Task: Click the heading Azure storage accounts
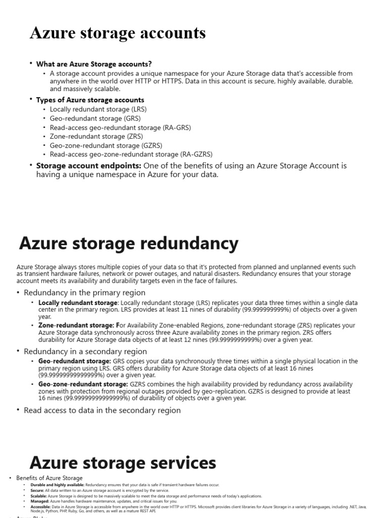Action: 118,33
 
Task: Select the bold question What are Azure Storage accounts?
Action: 93,64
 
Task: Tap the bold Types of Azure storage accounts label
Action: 90,100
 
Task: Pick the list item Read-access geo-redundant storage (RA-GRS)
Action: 120,127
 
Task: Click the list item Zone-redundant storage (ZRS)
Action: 96,136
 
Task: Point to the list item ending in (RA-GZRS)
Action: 131,154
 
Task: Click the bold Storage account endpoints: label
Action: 89,166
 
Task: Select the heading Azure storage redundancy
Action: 128,243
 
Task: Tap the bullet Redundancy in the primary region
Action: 84,292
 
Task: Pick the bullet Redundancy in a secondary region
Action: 85,351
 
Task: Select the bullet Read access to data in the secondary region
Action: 102,410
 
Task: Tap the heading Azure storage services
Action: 123,462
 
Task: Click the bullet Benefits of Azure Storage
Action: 50,478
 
